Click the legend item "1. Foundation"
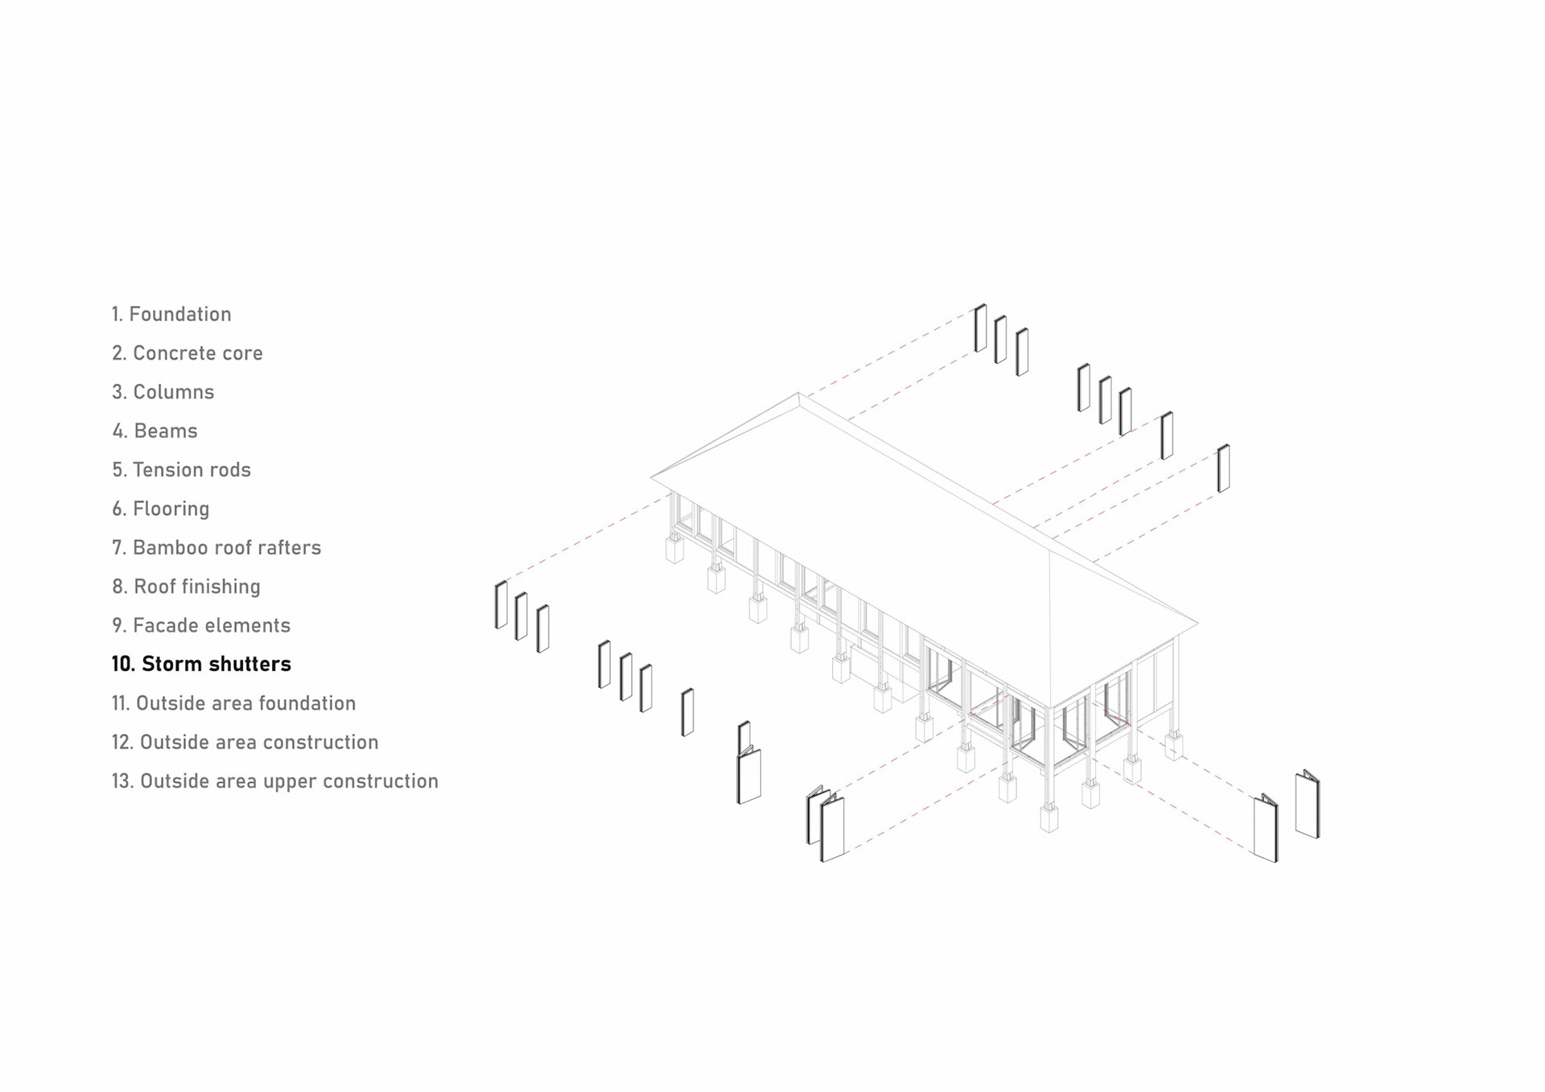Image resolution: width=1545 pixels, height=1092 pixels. coord(171,314)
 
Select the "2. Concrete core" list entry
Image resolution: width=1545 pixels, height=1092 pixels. coord(187,353)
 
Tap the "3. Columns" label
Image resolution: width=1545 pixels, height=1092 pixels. coord(163,392)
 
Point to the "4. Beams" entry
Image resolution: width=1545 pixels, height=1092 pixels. coord(155,431)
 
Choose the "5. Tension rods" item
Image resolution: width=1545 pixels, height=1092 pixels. coord(182,470)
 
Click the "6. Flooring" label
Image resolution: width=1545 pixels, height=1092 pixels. coord(161,509)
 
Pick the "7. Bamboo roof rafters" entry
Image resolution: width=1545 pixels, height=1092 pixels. coord(216,548)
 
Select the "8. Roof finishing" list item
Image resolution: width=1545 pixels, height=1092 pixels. coord(187,587)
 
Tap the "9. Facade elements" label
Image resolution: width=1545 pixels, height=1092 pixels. coord(201,625)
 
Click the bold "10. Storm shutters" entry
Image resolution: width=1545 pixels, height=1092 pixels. coord(201,664)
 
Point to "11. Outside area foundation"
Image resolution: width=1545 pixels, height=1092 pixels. coord(233,703)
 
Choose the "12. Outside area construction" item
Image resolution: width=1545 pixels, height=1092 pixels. coord(245,742)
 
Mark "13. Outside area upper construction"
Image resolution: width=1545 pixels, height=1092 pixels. coord(275,781)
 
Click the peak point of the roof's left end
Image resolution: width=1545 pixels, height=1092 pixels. coord(797,394)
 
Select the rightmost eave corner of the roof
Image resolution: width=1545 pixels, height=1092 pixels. coord(1197,622)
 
